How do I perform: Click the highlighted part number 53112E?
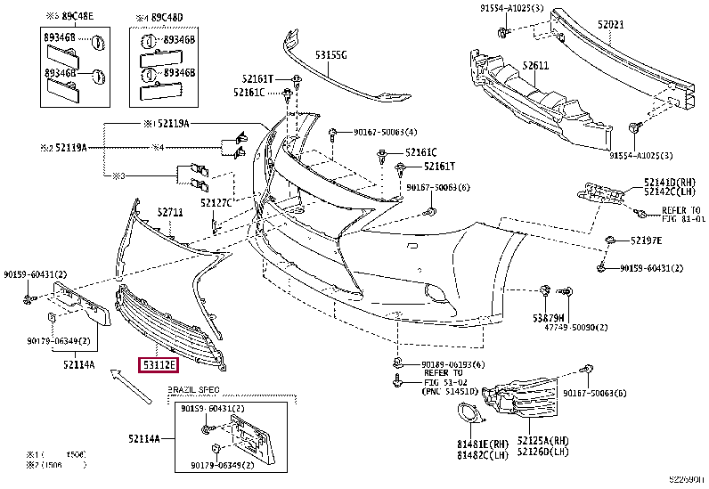pos(157,363)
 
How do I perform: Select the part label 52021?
pos(610,26)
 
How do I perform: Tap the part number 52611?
pos(535,66)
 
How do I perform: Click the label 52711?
pos(170,212)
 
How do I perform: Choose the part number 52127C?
pos(216,203)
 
